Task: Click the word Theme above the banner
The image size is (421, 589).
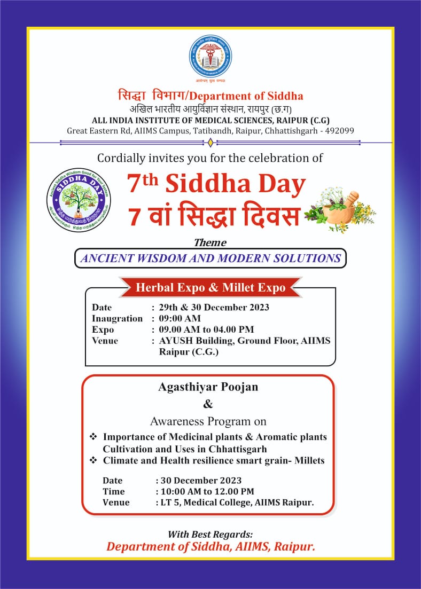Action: pos(210,243)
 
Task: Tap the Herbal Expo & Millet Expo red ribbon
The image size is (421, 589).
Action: pos(210,288)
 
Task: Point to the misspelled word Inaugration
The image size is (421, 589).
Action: pos(117,318)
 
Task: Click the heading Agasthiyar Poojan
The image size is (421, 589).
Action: pos(208,387)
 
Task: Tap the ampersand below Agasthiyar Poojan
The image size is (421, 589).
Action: pos(208,404)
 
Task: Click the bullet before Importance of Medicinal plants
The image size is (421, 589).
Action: pos(93,437)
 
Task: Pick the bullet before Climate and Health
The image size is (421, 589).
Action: pos(93,460)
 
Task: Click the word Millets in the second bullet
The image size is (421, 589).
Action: pos(307,460)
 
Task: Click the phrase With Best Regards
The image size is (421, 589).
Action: pos(210,534)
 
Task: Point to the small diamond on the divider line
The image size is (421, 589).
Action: pos(210,142)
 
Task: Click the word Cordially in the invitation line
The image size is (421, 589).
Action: pos(120,158)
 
